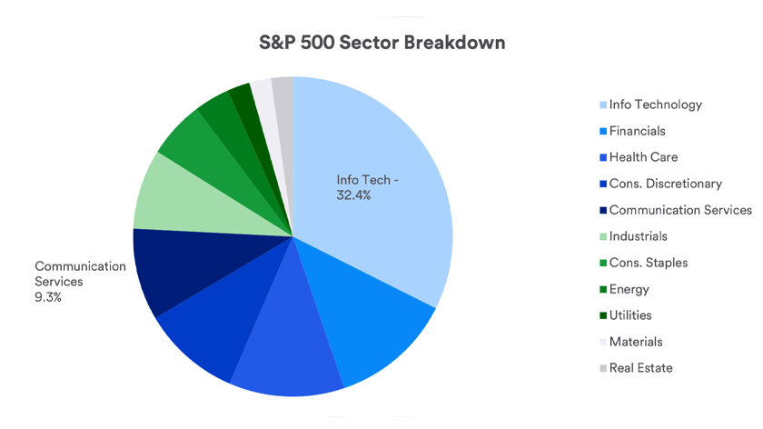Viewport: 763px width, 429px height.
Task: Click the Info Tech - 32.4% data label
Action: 368,187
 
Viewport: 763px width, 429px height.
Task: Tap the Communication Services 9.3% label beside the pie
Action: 80,281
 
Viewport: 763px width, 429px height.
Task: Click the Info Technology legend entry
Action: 655,105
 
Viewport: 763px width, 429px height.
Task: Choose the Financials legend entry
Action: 637,131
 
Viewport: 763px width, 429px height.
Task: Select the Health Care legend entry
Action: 643,157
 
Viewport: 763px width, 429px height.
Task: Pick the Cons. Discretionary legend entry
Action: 665,184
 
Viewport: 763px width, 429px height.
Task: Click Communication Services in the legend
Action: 680,210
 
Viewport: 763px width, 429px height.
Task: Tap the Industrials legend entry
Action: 638,236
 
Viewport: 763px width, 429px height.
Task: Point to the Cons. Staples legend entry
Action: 648,263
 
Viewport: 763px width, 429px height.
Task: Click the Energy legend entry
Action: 629,289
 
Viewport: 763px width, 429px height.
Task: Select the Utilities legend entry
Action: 630,315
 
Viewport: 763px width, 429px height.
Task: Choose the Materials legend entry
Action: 636,342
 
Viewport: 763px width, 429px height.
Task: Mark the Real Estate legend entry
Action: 640,368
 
